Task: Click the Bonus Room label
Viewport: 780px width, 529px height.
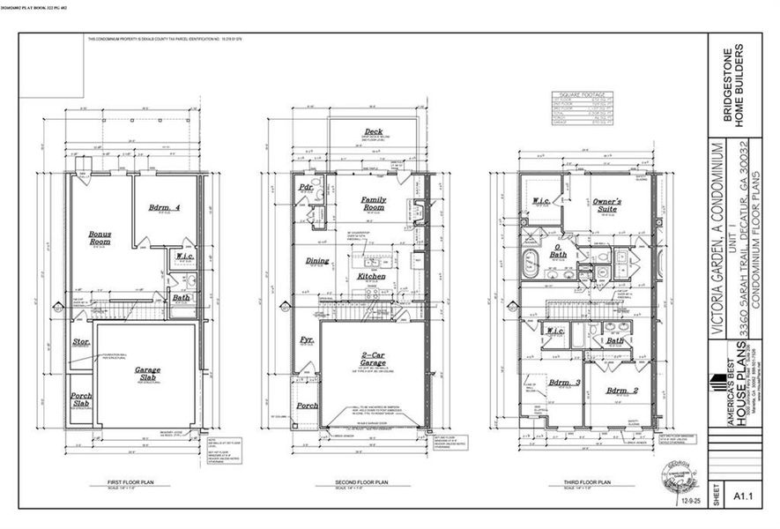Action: tap(100, 238)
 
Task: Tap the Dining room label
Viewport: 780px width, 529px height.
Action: tap(317, 261)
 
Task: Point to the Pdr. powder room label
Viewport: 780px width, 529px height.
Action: tap(307, 188)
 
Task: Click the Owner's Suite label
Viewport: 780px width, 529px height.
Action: tap(606, 205)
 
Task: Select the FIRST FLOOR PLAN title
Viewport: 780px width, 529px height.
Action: tap(117, 483)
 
